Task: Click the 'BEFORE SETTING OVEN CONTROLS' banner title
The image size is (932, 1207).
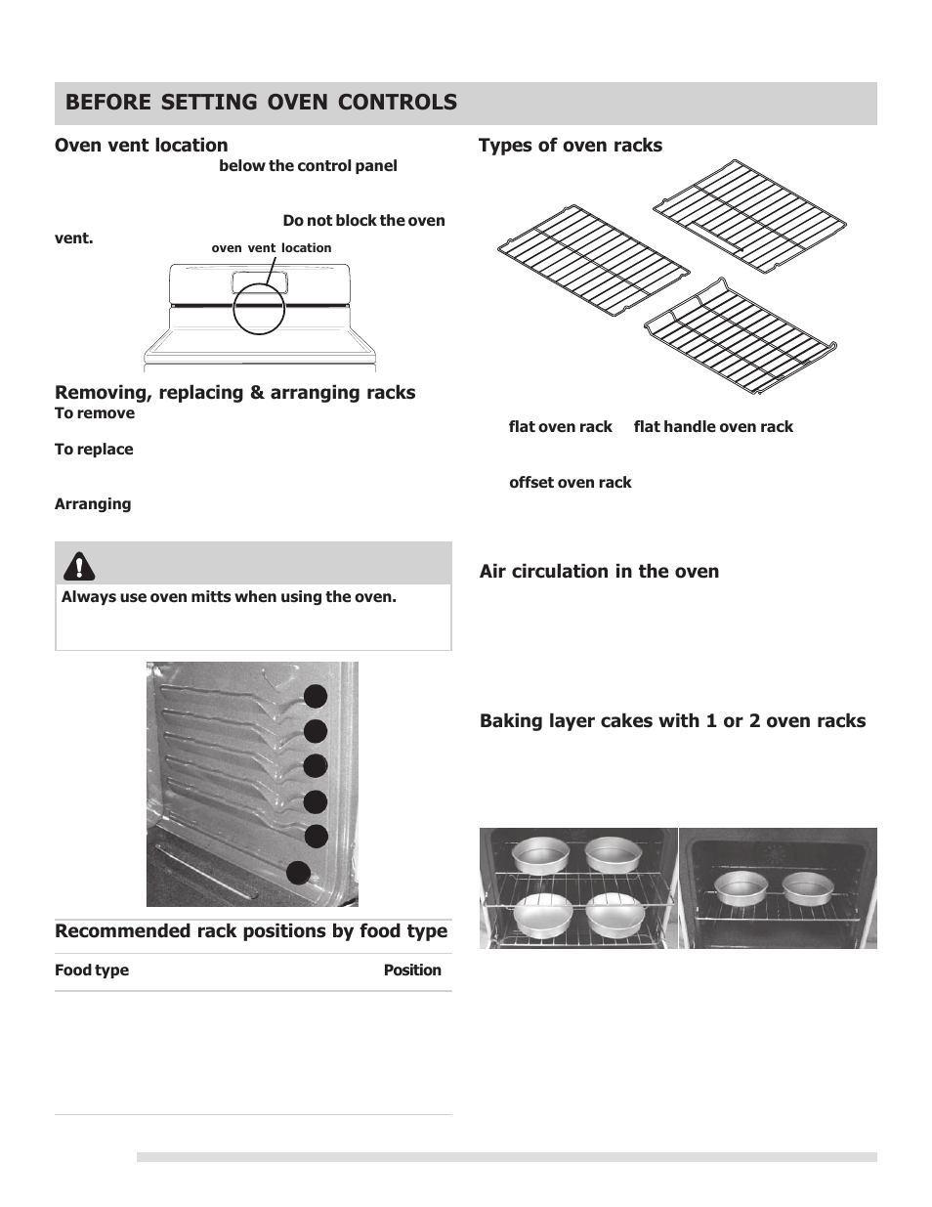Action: click(261, 103)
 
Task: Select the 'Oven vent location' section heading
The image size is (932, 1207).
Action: click(141, 146)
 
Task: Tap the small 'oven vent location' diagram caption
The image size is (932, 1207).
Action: click(271, 248)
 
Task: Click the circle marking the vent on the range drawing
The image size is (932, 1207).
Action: click(259, 308)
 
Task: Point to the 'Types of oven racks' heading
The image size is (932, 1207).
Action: click(570, 146)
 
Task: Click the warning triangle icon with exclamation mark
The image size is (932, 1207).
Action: click(79, 565)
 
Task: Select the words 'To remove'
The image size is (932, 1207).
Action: click(95, 413)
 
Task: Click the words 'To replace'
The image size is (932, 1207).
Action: click(94, 450)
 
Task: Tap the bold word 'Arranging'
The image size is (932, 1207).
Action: click(93, 504)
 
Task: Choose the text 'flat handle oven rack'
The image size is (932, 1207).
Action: click(713, 427)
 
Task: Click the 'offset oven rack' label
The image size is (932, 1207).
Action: click(570, 483)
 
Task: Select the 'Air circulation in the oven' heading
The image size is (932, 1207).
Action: click(599, 572)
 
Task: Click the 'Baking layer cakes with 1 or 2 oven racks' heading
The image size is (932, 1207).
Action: click(672, 721)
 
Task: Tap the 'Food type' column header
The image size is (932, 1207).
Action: click(92, 970)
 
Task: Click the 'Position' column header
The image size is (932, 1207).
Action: click(411, 970)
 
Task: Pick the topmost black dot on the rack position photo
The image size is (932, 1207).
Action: click(315, 696)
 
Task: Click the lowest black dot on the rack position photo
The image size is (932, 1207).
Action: click(298, 873)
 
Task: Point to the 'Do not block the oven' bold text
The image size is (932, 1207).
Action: click(363, 221)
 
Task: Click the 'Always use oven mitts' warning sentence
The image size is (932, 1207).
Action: click(229, 597)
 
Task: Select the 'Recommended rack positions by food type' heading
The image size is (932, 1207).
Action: click(251, 931)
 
